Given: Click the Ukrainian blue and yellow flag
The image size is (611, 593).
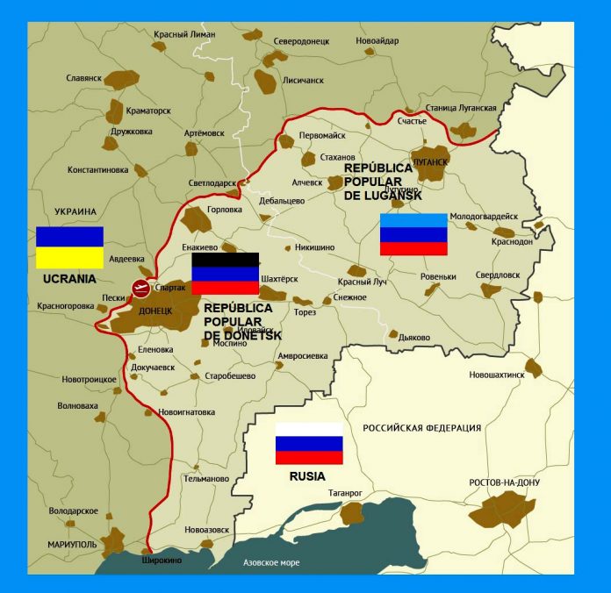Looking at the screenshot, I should point(69,246).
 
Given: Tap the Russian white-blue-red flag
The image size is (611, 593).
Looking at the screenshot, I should point(309,443).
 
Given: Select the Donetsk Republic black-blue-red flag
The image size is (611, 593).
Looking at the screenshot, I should point(225,273).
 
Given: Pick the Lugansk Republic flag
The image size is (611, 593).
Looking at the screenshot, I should point(413,234).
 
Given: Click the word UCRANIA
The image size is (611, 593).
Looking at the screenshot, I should point(69,279).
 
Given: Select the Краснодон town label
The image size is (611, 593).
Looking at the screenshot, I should point(512,241).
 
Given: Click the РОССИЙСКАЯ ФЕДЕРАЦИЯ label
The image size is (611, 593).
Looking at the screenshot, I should point(422,428).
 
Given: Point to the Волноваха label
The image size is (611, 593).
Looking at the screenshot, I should point(78,406).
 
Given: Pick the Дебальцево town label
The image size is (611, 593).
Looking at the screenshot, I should point(282,201).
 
